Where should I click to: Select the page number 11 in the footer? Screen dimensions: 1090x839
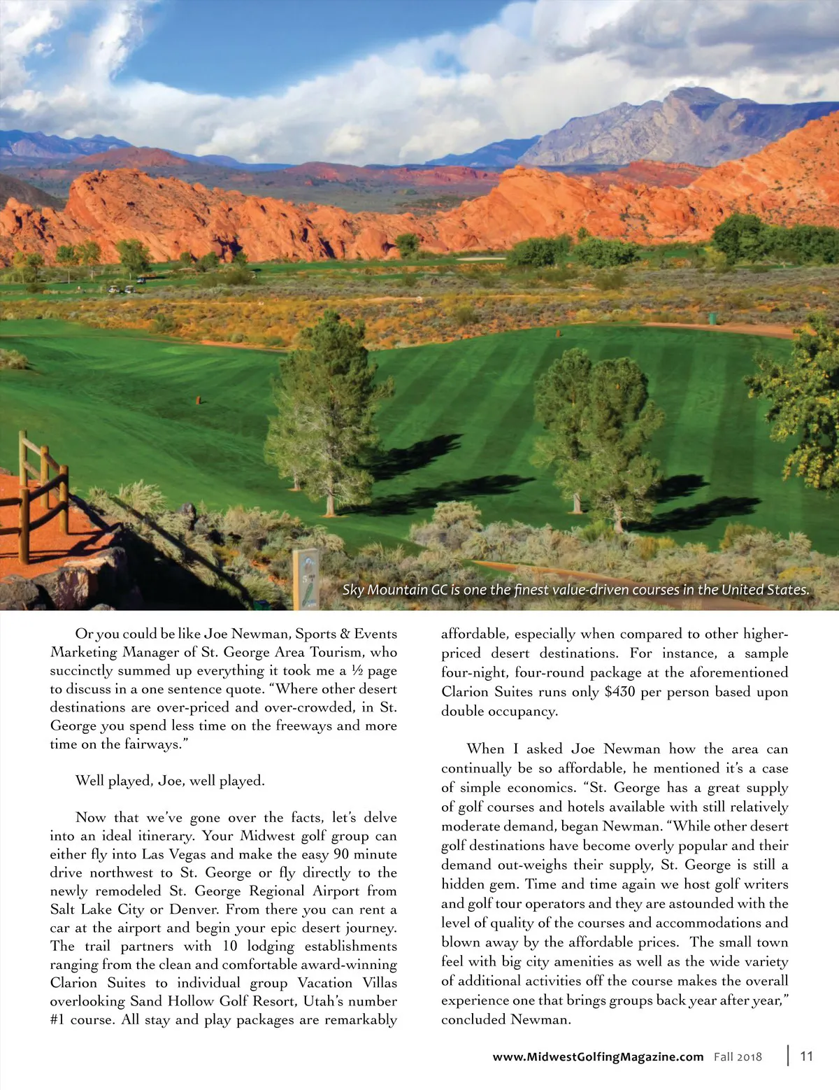tap(806, 1056)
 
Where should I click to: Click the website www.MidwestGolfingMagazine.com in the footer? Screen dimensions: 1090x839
tap(598, 1056)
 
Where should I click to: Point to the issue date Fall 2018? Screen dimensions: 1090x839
tap(738, 1056)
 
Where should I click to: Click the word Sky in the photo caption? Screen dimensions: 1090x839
tap(353, 590)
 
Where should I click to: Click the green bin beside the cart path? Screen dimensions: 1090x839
tap(712, 318)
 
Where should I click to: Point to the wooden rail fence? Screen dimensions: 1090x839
tap(35, 490)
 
